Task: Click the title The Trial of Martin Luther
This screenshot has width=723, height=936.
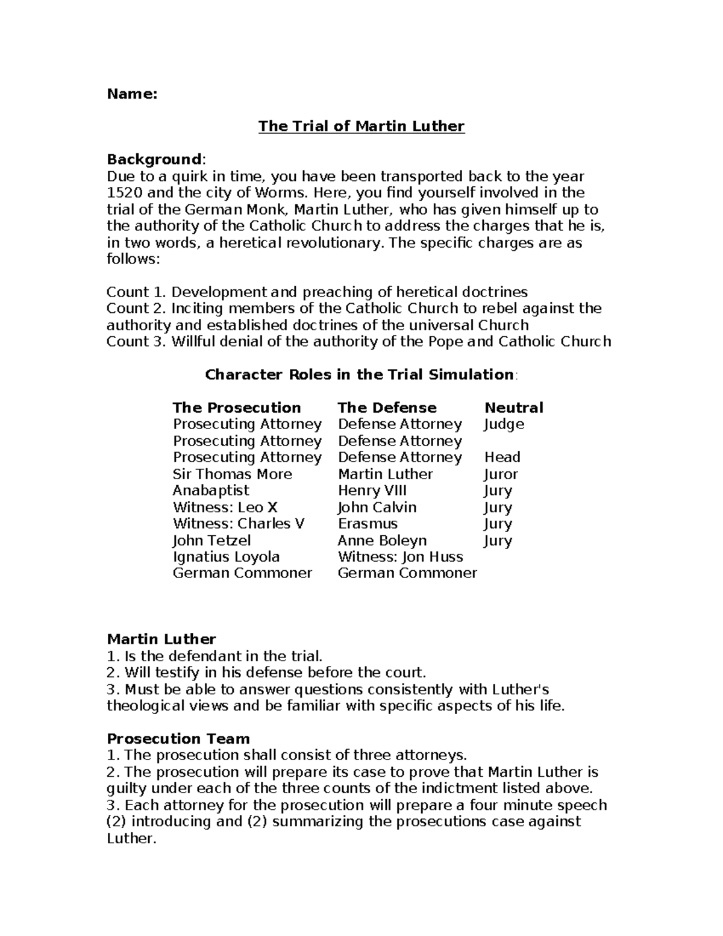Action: pyautogui.click(x=361, y=127)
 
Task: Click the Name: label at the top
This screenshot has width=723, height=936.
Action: pyautogui.click(x=132, y=94)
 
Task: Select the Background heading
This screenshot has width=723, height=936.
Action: pyautogui.click(x=154, y=160)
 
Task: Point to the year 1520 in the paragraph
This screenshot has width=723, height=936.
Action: pyautogui.click(x=122, y=193)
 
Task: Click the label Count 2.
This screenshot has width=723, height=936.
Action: pyautogui.click(x=136, y=309)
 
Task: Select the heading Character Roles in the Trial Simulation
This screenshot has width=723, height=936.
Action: pyautogui.click(x=360, y=375)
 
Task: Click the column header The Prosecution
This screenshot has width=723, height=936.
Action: pyautogui.click(x=237, y=408)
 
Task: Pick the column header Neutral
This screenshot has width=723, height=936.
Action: pyautogui.click(x=513, y=408)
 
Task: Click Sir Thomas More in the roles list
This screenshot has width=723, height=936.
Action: pyautogui.click(x=232, y=474)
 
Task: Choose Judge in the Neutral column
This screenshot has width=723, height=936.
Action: pyautogui.click(x=504, y=425)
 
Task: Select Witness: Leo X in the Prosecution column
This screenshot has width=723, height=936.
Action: pyautogui.click(x=225, y=507)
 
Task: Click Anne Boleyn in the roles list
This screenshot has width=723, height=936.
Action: pyautogui.click(x=382, y=541)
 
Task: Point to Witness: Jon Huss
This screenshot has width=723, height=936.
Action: pyautogui.click(x=400, y=557)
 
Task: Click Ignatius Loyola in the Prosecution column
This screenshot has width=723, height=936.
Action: pyautogui.click(x=226, y=557)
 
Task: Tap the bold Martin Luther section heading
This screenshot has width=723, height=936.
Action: pyautogui.click(x=161, y=639)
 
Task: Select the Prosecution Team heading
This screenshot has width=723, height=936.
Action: pyautogui.click(x=178, y=739)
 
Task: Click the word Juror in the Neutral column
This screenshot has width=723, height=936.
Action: pyautogui.click(x=501, y=474)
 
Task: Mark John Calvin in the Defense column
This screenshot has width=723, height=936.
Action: pyautogui.click(x=377, y=507)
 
